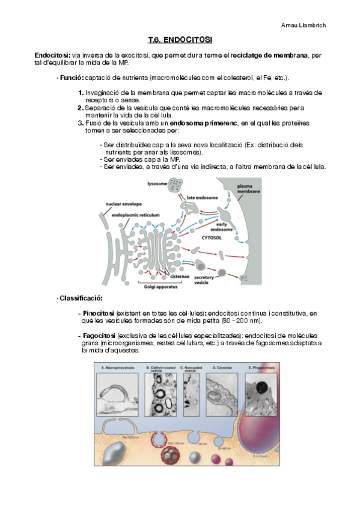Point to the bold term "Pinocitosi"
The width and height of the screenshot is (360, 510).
99,313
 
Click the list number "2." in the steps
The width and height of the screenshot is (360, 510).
81,108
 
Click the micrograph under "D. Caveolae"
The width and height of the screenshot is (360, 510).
221,393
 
